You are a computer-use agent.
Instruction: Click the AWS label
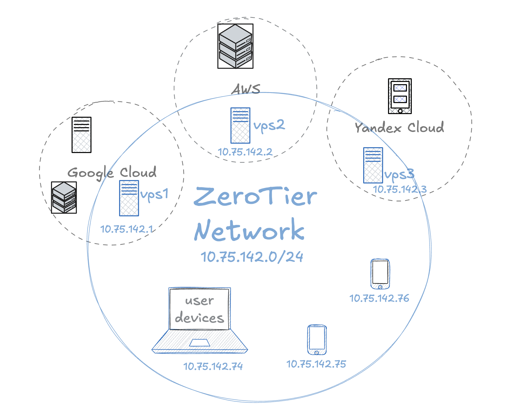pyautogui.click(x=246, y=89)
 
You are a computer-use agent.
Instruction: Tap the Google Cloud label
pyautogui.click(x=112, y=173)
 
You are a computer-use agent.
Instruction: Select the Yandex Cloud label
pyautogui.click(x=399, y=127)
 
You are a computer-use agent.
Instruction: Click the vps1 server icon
pyautogui.click(x=129, y=198)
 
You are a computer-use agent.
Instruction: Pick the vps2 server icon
pyautogui.click(x=240, y=126)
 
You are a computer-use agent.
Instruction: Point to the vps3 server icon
pyautogui.click(x=373, y=165)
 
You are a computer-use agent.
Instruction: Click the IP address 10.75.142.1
pyautogui.click(x=127, y=229)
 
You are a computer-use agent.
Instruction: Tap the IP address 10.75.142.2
pyautogui.click(x=245, y=152)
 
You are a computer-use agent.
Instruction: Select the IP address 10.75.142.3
pyautogui.click(x=399, y=189)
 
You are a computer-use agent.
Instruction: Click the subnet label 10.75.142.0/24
pyautogui.click(x=252, y=257)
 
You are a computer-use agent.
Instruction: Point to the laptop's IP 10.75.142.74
pyautogui.click(x=213, y=366)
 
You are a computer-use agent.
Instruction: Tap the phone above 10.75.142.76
pyautogui.click(x=380, y=274)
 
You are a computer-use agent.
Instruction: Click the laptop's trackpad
pyautogui.click(x=199, y=343)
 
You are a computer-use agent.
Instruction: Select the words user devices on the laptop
pyautogui.click(x=199, y=309)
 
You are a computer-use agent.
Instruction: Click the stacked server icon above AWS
pyautogui.click(x=235, y=46)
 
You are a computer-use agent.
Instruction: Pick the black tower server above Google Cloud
pyautogui.click(x=81, y=135)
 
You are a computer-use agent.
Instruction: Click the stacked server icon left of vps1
pyautogui.click(x=64, y=198)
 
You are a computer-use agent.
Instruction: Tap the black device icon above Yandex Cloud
pyautogui.click(x=400, y=96)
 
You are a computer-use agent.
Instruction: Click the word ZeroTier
pyautogui.click(x=255, y=197)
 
